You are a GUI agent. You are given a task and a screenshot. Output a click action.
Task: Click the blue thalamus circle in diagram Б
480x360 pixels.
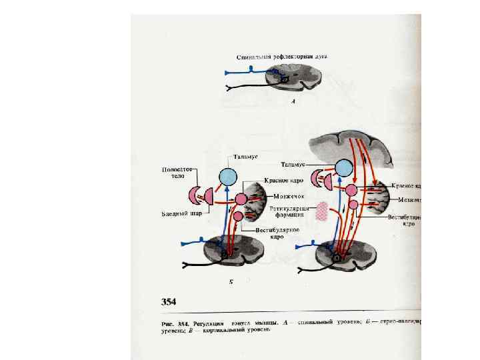[228, 177]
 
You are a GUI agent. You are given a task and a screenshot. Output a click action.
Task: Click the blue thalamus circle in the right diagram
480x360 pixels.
[345, 169]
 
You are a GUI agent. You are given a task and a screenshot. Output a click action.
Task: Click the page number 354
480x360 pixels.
[167, 302]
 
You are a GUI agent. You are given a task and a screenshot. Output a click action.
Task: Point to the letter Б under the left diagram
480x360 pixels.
[231, 283]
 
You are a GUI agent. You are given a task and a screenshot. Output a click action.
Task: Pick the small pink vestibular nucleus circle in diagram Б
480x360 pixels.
[238, 215]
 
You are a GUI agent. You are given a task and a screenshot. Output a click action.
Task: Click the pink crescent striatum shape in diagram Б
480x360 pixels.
[196, 195]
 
